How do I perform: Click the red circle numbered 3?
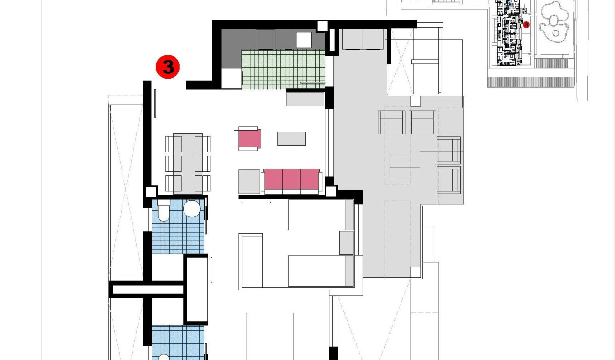click(x=168, y=67)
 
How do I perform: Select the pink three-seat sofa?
click(x=291, y=179)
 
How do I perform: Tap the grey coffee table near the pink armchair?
click(x=291, y=138)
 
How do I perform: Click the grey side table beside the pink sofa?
click(x=249, y=182)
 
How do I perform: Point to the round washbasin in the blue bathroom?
click(x=192, y=209)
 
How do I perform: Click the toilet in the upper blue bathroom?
click(x=164, y=211)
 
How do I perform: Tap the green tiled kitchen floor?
click(x=283, y=69)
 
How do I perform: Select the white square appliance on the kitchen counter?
click(x=304, y=40)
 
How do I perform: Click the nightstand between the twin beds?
click(x=346, y=243)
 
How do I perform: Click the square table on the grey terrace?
click(x=405, y=167)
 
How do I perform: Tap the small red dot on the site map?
click(x=526, y=24)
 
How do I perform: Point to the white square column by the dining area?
click(x=151, y=192)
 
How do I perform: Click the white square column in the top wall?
click(x=322, y=26)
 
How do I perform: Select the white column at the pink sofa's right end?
click(x=331, y=192)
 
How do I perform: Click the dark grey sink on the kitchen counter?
click(x=266, y=39)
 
